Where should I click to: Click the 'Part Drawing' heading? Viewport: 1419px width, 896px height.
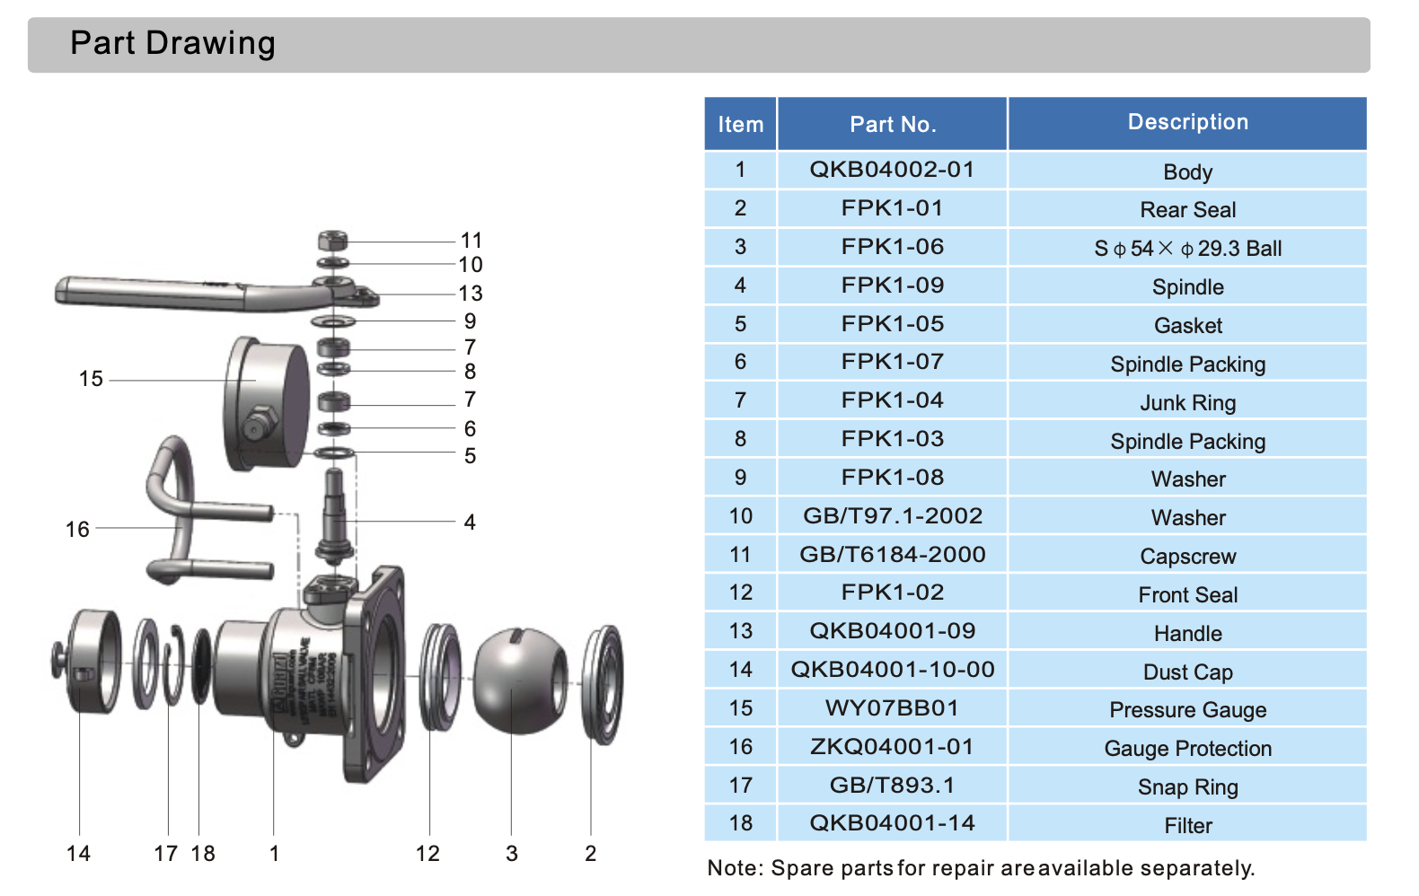pyautogui.click(x=172, y=43)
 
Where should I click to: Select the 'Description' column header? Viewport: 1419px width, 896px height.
pyautogui.click(x=1187, y=122)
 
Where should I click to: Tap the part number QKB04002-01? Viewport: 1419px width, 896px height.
pyautogui.click(x=892, y=170)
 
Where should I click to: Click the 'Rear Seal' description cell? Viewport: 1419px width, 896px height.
pyautogui.click(x=1187, y=210)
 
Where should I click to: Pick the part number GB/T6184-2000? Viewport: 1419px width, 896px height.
pyautogui.click(x=892, y=555)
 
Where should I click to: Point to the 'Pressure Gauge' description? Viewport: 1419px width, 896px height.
pyautogui.click(x=1187, y=710)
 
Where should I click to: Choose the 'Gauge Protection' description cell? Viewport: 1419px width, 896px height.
pyautogui.click(x=1187, y=749)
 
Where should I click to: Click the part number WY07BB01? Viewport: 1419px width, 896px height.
pyautogui.click(x=892, y=708)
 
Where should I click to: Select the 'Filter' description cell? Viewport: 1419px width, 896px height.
pyautogui.click(x=1187, y=826)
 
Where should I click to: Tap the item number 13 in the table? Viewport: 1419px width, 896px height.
pyautogui.click(x=740, y=631)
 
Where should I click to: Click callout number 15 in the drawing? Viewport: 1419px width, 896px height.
pyautogui.click(x=91, y=379)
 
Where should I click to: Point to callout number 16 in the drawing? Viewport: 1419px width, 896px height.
pyautogui.click(x=77, y=530)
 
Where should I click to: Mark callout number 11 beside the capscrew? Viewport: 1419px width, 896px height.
pyautogui.click(x=472, y=241)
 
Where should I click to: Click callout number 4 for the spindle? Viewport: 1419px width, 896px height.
pyautogui.click(x=470, y=523)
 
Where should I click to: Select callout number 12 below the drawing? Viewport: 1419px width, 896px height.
pyautogui.click(x=427, y=854)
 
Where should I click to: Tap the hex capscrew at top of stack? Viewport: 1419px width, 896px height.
pyautogui.click(x=332, y=241)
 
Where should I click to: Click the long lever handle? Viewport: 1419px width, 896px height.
pyautogui.click(x=180, y=292)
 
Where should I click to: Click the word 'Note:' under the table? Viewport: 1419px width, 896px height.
pyautogui.click(x=736, y=868)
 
